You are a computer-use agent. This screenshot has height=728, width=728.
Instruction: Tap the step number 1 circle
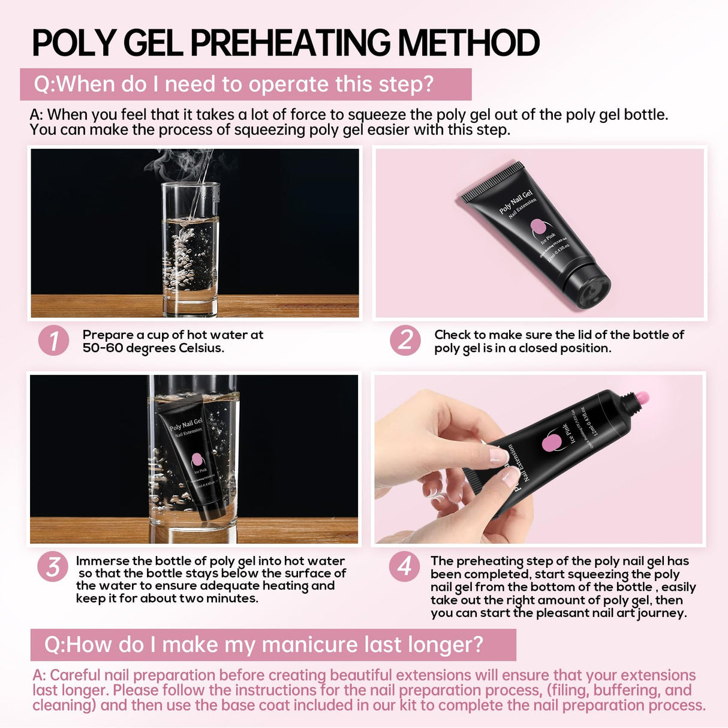pyautogui.click(x=53, y=341)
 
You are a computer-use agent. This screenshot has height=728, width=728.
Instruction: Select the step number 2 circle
pyautogui.click(x=405, y=341)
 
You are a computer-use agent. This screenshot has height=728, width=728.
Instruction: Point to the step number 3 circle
pyautogui.click(x=53, y=567)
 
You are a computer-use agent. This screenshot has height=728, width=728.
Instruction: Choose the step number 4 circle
pyautogui.click(x=404, y=567)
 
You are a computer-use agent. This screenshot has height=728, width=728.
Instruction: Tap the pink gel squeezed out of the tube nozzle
pyautogui.click(x=642, y=397)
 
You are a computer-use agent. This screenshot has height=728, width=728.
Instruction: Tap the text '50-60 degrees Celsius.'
pyautogui.click(x=153, y=348)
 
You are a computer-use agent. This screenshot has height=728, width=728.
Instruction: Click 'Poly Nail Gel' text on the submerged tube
pyautogui.click(x=186, y=424)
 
